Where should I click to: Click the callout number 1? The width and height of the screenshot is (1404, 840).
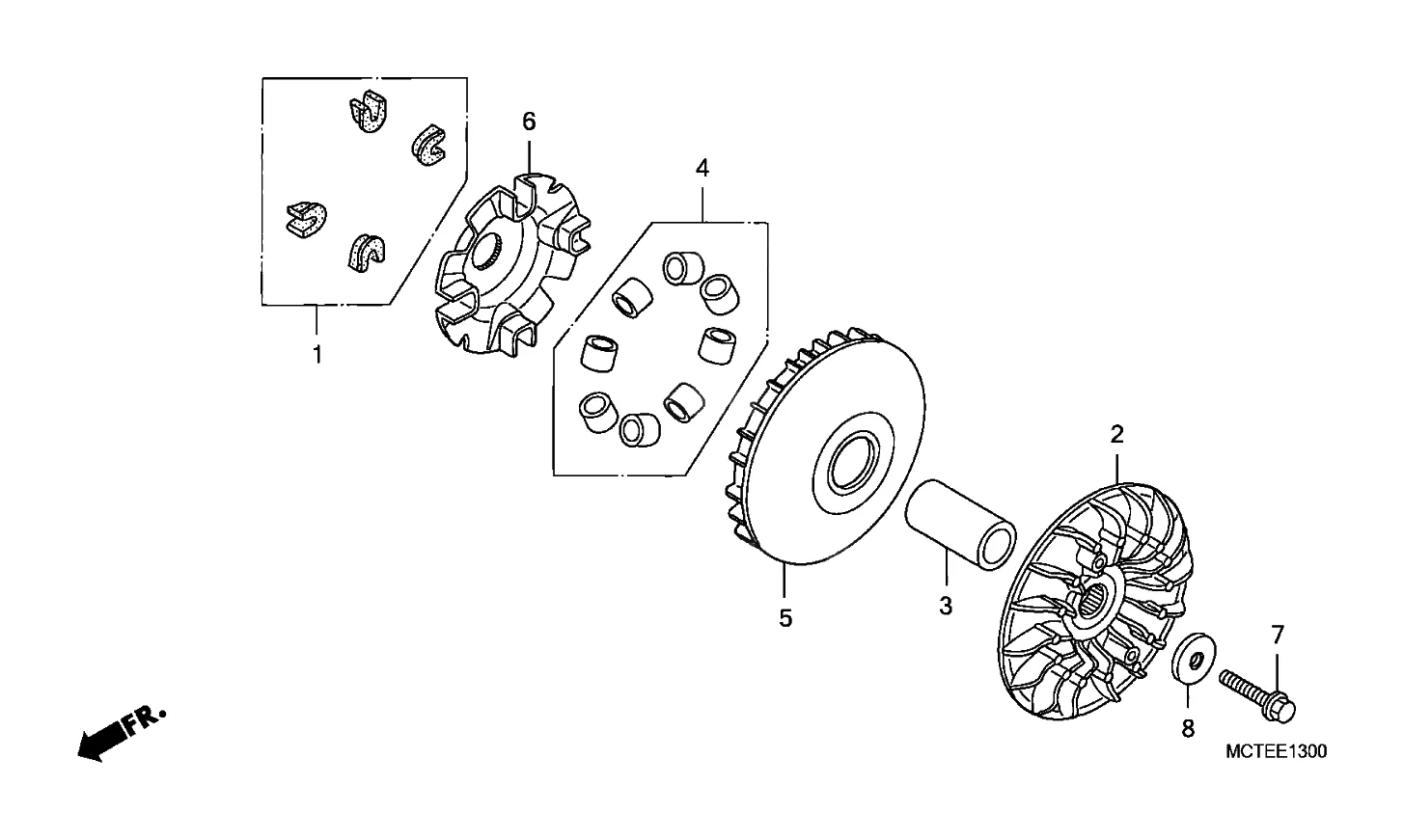(317, 355)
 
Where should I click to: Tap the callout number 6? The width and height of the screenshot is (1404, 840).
(530, 122)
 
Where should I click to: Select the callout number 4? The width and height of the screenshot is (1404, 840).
(702, 168)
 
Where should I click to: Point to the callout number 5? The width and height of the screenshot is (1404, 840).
(785, 618)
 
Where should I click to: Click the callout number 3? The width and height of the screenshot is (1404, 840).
(946, 606)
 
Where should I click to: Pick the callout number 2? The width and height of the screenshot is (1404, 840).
(1117, 434)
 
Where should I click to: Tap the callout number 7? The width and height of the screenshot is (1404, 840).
(1278, 636)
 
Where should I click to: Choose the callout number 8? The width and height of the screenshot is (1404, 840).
(1188, 728)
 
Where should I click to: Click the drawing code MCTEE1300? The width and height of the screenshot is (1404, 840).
(1276, 751)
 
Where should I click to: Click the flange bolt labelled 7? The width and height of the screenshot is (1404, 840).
(1257, 696)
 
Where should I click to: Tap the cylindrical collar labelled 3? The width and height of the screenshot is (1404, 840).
(960, 525)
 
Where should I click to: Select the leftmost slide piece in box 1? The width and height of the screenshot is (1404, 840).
(307, 220)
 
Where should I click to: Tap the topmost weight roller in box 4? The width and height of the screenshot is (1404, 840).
(683, 267)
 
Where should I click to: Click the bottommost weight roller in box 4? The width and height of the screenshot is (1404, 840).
(640, 430)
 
